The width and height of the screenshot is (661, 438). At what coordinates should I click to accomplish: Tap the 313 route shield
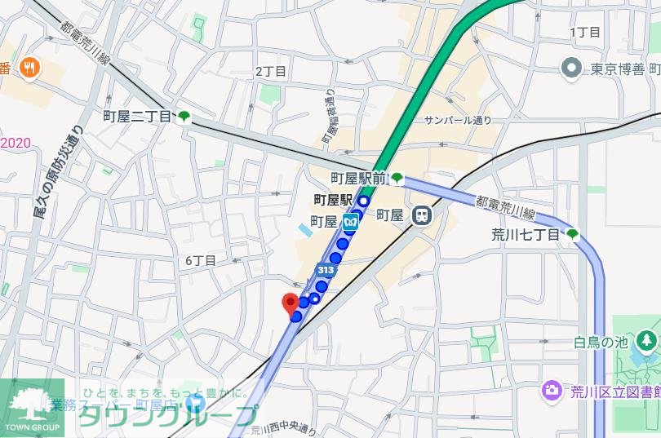pos(326,270)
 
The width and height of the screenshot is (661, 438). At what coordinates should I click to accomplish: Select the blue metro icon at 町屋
pos(351,220)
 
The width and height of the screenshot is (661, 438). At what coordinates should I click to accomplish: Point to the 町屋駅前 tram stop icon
pos(397,178)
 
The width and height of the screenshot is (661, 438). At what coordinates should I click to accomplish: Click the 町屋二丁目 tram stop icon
pos(184,117)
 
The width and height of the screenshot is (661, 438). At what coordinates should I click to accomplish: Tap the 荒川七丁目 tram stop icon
pos(573,235)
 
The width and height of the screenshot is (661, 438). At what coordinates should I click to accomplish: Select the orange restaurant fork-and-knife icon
pos(31,68)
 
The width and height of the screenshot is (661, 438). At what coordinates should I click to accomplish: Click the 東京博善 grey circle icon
pos(571,68)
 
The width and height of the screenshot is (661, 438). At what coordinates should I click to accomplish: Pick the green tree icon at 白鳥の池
pos(646,338)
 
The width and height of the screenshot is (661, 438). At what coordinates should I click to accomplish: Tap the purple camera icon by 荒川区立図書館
pos(552,391)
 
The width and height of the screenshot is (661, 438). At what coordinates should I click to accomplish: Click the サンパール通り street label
pos(458,120)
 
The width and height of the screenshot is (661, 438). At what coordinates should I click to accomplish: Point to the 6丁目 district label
pos(200,260)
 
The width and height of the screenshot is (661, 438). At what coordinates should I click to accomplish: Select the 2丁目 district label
pos(271,72)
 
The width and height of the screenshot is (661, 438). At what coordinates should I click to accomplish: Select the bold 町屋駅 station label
pos(334,199)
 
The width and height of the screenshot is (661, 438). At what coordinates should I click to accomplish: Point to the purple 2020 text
pos(16,143)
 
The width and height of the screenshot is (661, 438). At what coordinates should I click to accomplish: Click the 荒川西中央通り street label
pos(282,428)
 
